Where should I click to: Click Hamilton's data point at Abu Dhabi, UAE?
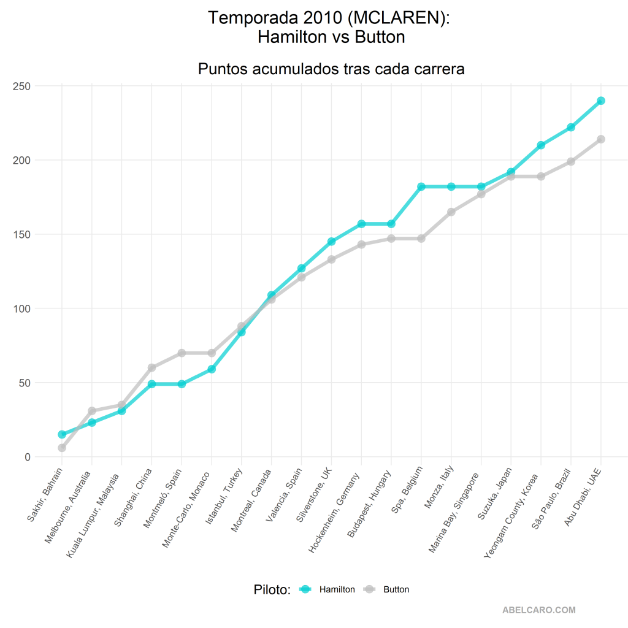601,101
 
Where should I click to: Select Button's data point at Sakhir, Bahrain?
62,448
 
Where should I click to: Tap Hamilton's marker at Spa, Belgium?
421,186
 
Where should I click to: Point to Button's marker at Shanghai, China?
151,367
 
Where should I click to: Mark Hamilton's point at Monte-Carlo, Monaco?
212,369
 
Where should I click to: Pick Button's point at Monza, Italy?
451,212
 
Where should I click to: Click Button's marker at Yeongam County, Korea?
541,177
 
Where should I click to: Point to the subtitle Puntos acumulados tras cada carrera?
331,69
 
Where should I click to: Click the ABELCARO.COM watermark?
538,610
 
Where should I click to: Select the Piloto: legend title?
272,589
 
